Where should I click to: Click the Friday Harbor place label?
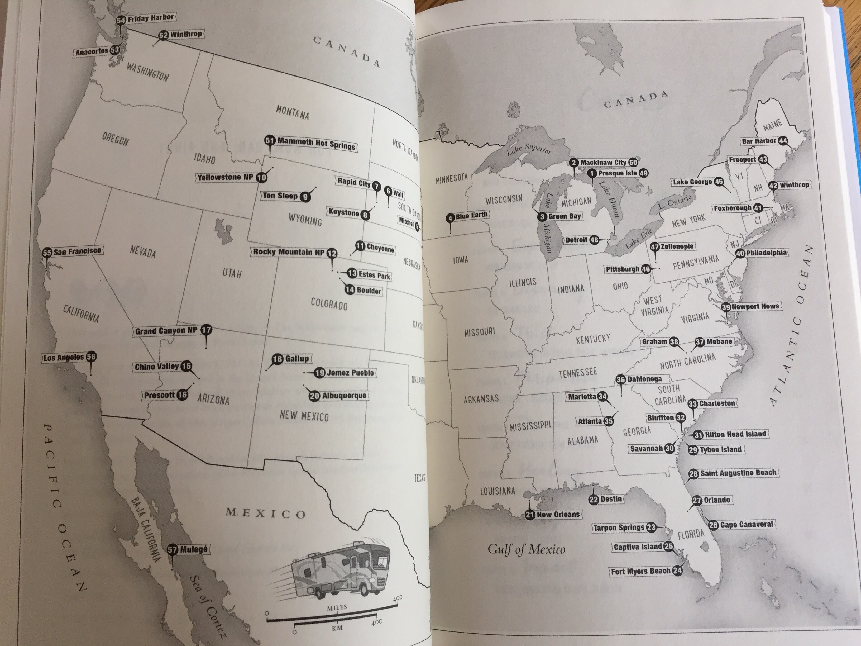(x=150, y=18)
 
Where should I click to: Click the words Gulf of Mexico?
(x=526, y=549)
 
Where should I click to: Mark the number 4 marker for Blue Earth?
(x=450, y=218)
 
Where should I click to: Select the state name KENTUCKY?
(x=593, y=339)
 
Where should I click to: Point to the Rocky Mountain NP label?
(x=288, y=252)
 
